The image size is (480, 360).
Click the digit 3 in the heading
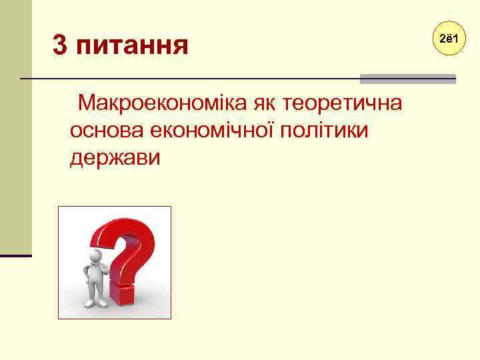tap(60, 46)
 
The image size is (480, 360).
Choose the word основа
tap(102, 131)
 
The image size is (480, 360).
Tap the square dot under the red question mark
tap(123, 293)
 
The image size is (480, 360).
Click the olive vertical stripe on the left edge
tap(15, 127)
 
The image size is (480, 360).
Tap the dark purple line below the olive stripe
tap(15, 255)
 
